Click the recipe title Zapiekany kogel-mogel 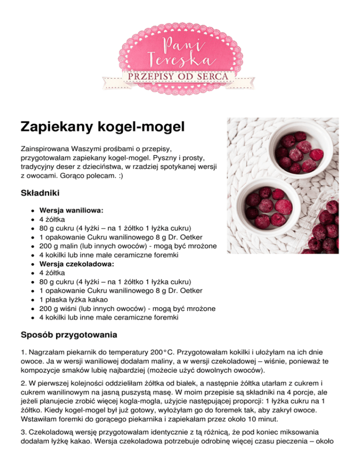(103, 127)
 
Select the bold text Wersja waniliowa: (72, 210)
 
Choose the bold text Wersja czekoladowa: (76, 264)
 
